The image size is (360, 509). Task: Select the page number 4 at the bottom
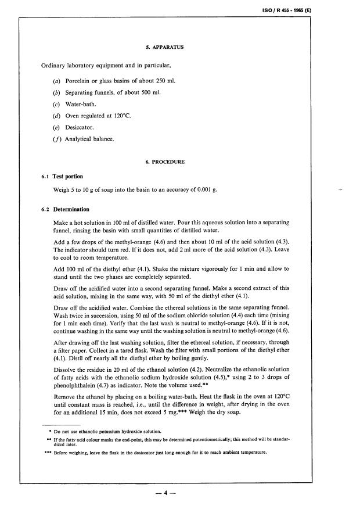165,493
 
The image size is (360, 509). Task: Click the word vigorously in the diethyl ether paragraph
206,269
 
